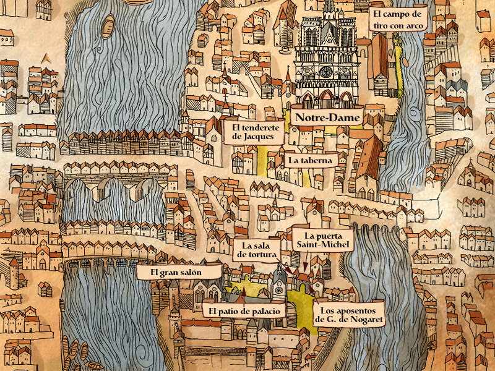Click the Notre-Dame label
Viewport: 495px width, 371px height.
click(x=319, y=117)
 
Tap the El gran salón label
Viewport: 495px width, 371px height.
click(x=178, y=272)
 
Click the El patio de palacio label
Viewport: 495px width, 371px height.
click(x=244, y=310)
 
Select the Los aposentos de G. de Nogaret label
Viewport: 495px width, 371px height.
click(x=348, y=314)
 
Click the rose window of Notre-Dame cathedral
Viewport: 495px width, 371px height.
click(x=325, y=72)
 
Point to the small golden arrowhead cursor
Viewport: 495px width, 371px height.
click(x=45, y=58)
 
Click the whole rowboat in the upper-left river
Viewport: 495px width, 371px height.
click(x=108, y=26)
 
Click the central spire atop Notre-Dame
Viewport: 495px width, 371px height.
click(x=329, y=7)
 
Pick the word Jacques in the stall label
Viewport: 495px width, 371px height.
click(x=254, y=137)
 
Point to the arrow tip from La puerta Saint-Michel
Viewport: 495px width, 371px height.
click(x=303, y=270)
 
